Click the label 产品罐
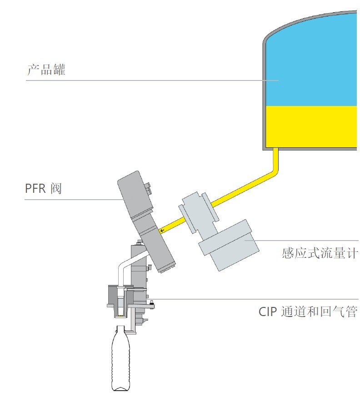pos(46,70)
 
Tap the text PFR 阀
pos(43,188)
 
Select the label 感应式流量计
pos(320,253)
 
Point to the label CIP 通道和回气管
pos(308,312)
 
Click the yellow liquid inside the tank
pos(311,126)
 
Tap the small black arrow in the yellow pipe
pos(162,231)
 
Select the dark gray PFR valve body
pos(145,221)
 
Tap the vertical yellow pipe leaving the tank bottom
pos(276,160)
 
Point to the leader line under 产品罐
pos(152,80)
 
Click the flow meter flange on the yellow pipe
pos(199,212)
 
